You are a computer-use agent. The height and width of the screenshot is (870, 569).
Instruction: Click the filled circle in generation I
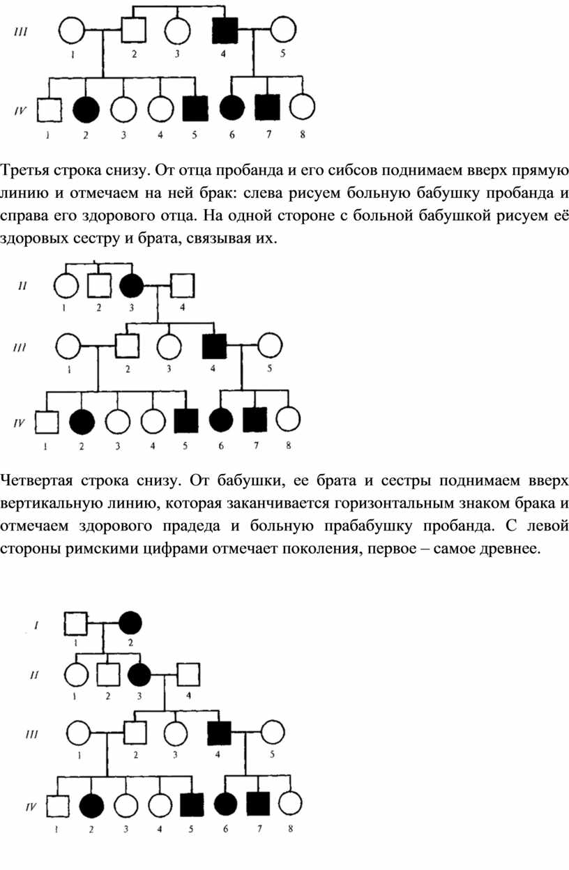point(130,623)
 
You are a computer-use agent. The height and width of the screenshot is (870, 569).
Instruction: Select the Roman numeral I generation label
point(36,625)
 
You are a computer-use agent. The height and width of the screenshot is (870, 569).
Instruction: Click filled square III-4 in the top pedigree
point(225,30)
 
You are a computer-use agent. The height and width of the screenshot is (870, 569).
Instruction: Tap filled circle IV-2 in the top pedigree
point(86,109)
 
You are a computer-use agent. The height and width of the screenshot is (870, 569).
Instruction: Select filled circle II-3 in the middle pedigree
point(132,286)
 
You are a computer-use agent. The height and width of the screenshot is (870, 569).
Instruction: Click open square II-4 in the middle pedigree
point(183,286)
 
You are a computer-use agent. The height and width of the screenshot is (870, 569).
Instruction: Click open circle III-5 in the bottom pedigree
point(273,733)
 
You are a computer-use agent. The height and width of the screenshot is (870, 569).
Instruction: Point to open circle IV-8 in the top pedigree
point(302,107)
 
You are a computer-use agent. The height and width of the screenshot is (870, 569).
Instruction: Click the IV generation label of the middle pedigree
point(19,422)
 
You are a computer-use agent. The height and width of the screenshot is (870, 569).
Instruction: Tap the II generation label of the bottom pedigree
point(35,675)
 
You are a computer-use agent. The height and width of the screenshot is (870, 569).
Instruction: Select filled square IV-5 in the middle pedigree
point(186,420)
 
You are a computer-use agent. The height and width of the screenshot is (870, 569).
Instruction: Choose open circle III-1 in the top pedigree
point(71,30)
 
